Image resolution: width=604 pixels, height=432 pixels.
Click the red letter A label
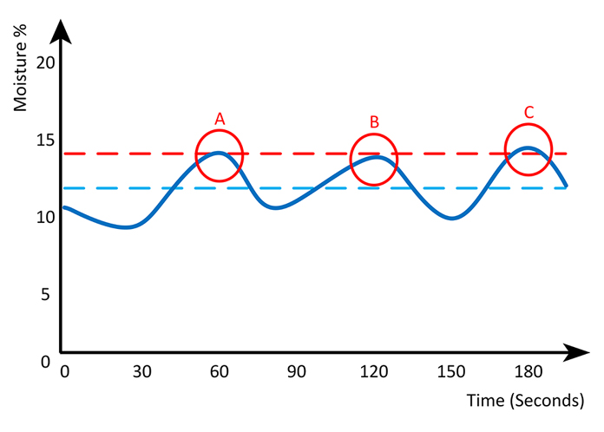point(220,118)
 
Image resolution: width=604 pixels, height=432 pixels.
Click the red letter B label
point(374,122)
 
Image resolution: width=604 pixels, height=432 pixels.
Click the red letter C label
point(528,112)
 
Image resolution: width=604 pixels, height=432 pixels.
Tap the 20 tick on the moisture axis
point(45,63)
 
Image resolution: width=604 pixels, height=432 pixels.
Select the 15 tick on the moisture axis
point(45,141)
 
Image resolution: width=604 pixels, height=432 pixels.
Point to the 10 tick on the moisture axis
point(45,217)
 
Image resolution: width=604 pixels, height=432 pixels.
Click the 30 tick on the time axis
point(142,372)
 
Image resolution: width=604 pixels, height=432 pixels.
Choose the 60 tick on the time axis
point(220,372)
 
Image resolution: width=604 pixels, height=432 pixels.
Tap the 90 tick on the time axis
point(297,372)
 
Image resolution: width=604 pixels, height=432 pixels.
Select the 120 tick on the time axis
point(374,372)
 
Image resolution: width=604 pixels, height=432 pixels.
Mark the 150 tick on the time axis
point(451,372)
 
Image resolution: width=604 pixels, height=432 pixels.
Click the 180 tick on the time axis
point(528,372)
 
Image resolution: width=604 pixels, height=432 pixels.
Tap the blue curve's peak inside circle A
point(219,154)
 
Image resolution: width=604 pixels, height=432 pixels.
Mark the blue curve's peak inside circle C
point(526,148)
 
